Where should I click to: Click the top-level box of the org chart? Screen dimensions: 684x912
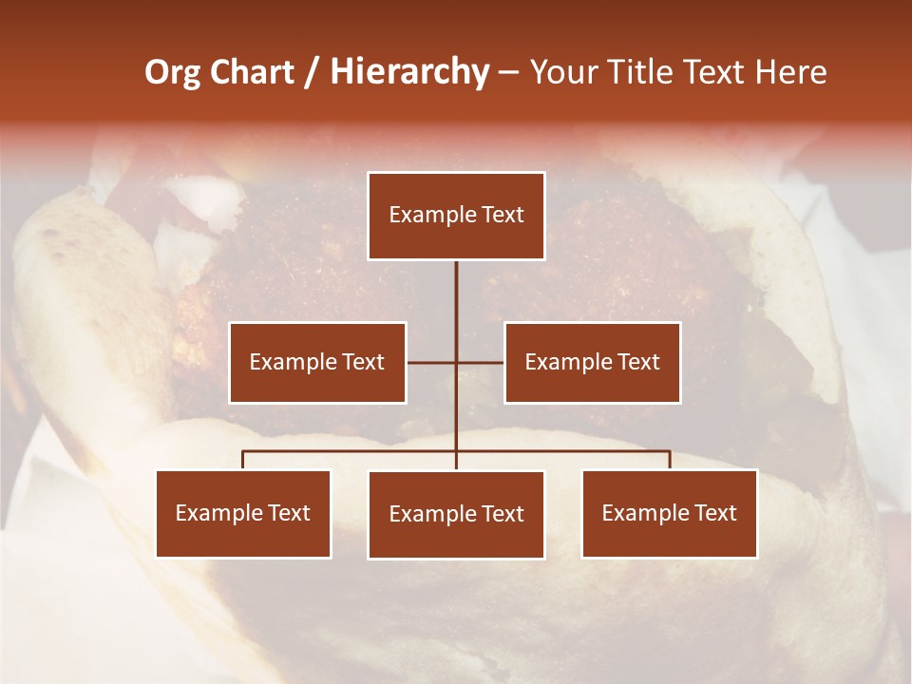click(456, 216)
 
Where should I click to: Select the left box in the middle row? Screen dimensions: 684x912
click(317, 362)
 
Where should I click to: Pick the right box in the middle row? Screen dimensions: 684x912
click(592, 362)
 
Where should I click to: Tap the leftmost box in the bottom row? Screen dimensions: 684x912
click(243, 513)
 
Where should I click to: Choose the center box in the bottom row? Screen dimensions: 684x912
click(456, 515)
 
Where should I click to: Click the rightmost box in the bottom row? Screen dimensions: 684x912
click(670, 513)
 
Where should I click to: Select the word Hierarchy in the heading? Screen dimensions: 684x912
click(409, 73)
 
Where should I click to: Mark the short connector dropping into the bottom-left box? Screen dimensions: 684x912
click(243, 460)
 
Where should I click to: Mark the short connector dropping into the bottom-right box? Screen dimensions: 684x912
click(670, 460)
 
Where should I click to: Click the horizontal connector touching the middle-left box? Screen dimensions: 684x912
click(430, 362)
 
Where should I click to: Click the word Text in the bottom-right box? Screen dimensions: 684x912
click(715, 513)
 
